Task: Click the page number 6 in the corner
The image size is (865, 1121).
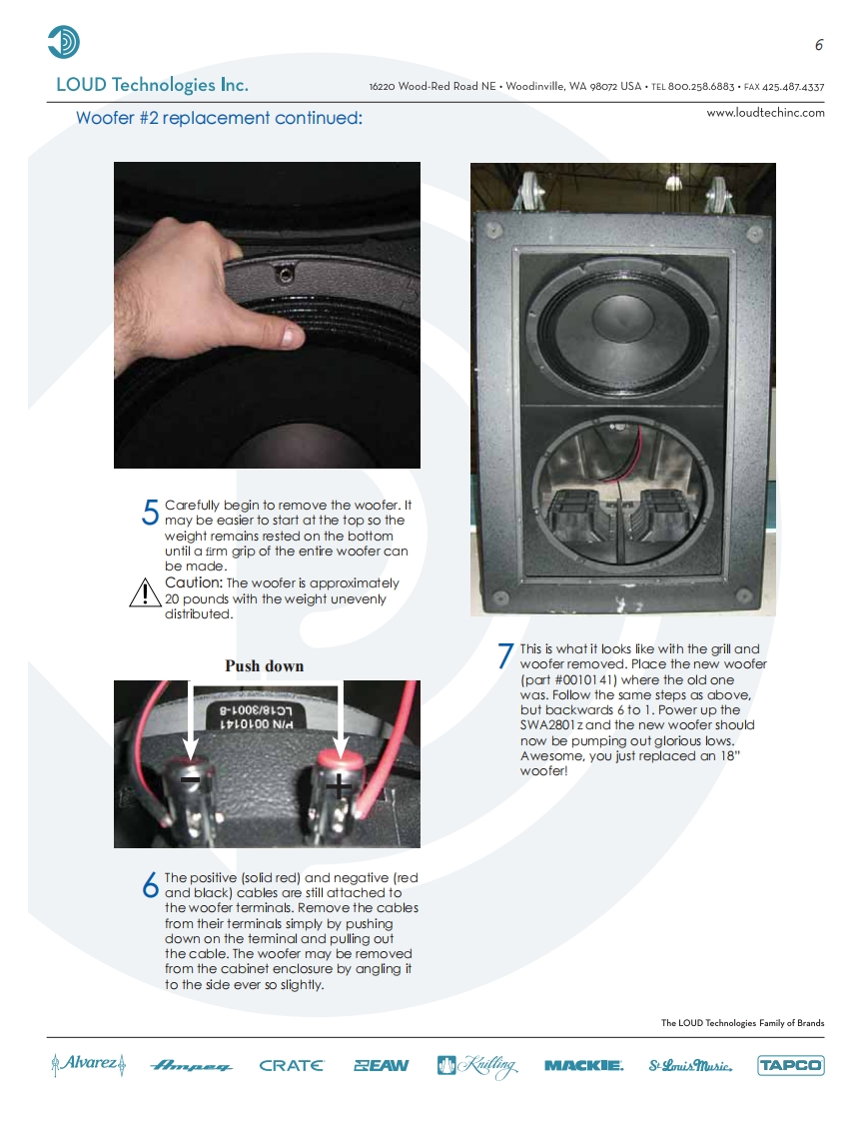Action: click(818, 45)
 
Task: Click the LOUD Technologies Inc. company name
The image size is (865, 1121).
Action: click(152, 85)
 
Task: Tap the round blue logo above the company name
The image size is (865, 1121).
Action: click(63, 42)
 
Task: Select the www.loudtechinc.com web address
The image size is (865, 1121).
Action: click(765, 113)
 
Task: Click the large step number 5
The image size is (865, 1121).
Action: click(150, 512)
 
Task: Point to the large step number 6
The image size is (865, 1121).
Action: click(150, 885)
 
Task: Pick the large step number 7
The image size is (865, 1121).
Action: click(505, 655)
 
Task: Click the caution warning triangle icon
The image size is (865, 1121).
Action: click(145, 592)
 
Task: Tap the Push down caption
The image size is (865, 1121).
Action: click(265, 666)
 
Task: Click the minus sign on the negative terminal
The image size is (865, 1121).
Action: click(190, 779)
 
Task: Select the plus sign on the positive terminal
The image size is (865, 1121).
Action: click(339, 787)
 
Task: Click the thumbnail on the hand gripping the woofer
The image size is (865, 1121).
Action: click(291, 336)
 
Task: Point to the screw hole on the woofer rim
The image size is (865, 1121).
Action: click(286, 273)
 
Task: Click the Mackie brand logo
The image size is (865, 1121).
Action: click(583, 1066)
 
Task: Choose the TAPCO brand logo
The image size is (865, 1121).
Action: click(791, 1066)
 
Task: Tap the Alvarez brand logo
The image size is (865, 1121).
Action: click(89, 1064)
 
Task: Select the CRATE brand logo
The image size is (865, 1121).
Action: click(291, 1066)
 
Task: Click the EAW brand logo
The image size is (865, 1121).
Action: click(381, 1066)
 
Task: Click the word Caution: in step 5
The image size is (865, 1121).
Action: click(194, 583)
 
